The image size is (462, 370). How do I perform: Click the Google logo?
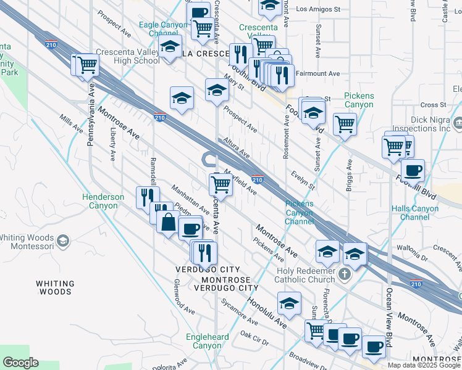point(20,363)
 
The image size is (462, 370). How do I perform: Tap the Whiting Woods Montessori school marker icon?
point(62,239)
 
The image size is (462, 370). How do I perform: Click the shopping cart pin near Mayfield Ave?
point(220,184)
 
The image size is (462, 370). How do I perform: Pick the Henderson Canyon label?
point(103,201)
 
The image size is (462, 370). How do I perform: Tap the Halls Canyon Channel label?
point(419,213)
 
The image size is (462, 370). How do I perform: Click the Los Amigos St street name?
point(318,9)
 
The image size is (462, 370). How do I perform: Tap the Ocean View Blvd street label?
point(389,321)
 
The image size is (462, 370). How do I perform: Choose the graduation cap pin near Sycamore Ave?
point(289,303)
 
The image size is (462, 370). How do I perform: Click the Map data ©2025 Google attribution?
point(424,365)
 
